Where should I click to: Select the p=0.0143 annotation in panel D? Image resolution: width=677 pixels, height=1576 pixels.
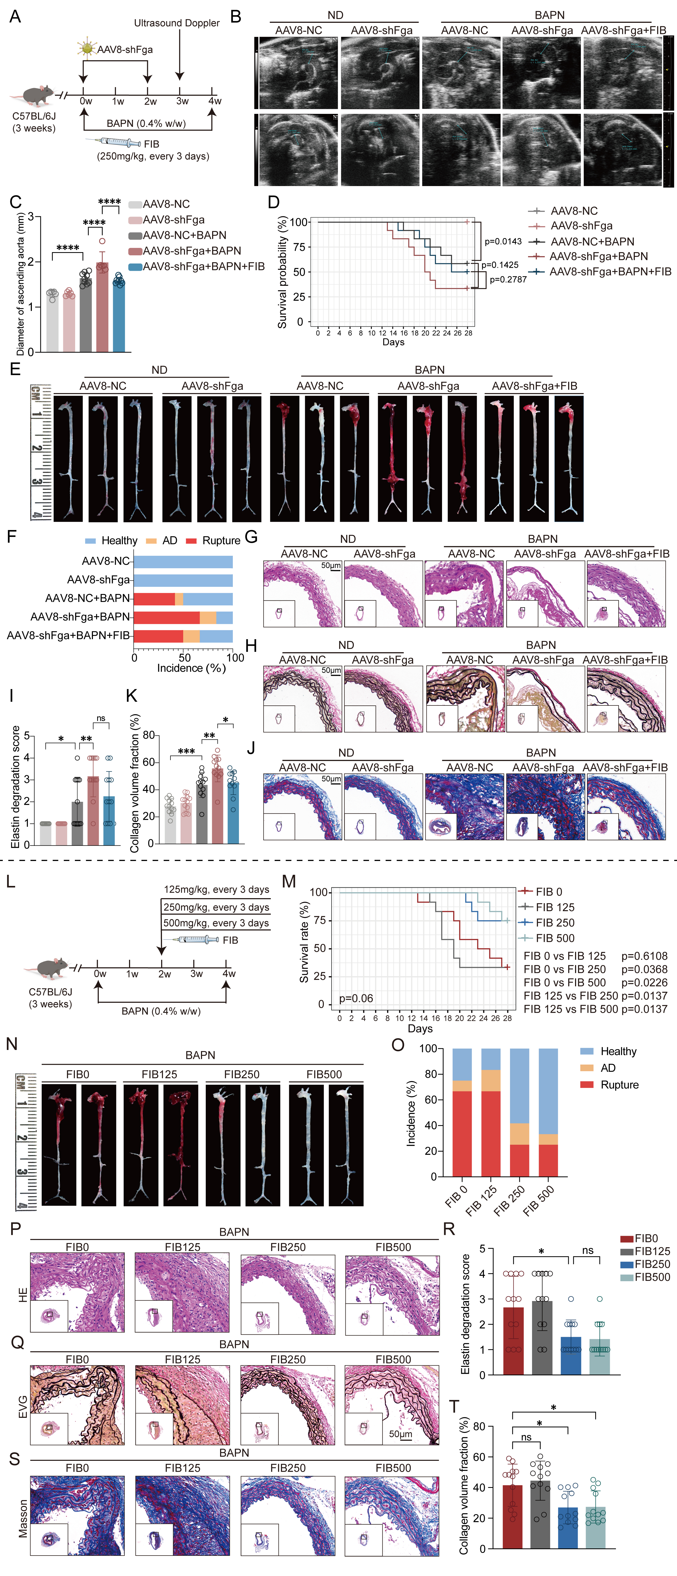tap(503, 242)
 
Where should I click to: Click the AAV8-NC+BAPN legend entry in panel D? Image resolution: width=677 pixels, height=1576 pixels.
tap(591, 242)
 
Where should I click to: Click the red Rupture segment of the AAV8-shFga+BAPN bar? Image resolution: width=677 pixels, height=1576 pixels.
tap(166, 617)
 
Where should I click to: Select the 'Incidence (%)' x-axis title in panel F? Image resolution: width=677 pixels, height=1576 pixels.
tap(191, 668)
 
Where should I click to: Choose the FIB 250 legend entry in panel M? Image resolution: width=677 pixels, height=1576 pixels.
tap(555, 923)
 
